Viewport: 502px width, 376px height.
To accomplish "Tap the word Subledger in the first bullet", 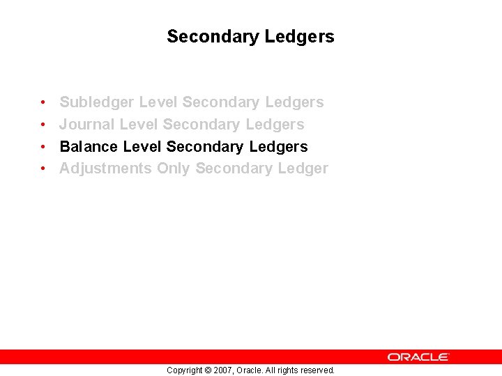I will click(97, 102).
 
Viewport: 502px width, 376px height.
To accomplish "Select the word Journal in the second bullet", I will click(87, 125).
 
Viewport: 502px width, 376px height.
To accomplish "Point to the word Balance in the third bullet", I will click(89, 147).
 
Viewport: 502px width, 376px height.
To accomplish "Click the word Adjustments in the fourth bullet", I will click(105, 169).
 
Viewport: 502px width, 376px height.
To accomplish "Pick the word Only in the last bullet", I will click(173, 169).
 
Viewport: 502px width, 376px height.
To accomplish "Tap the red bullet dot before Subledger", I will click(43, 103).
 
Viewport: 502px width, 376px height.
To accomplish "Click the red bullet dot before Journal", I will click(43, 125).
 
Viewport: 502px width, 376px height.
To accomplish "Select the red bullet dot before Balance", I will click(43, 148).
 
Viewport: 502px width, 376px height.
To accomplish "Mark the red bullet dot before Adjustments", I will click(43, 169).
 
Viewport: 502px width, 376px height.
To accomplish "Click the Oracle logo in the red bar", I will click(418, 357).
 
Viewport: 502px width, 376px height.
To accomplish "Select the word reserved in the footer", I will click(317, 370).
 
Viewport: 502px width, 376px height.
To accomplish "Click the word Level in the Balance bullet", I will click(142, 147).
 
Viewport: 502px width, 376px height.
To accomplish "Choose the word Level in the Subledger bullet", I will click(158, 102).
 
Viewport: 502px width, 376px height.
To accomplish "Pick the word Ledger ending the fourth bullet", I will click(303, 169).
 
